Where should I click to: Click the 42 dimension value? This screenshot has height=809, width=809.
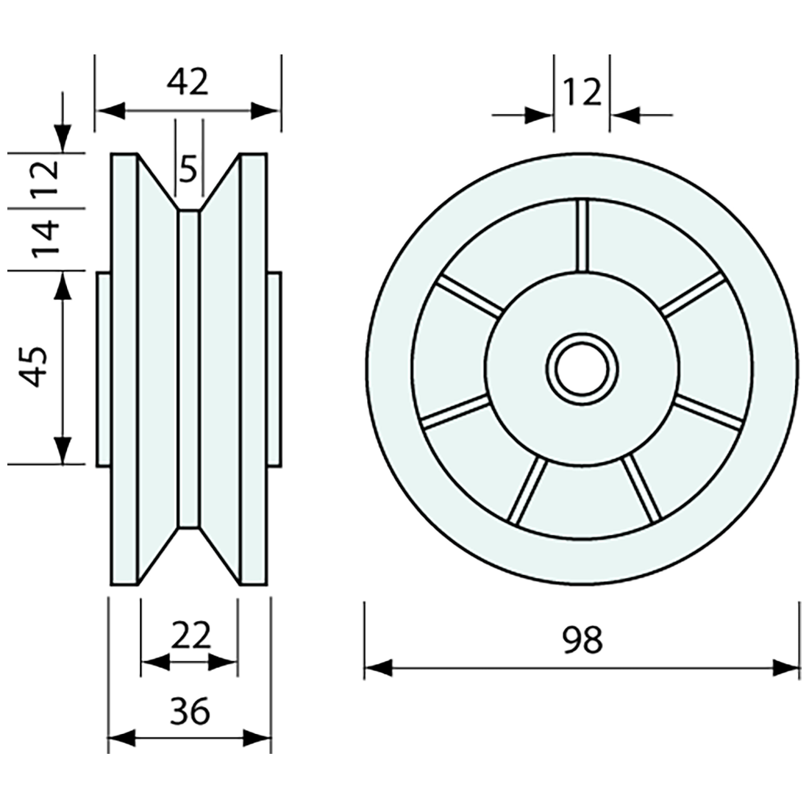pos(188,82)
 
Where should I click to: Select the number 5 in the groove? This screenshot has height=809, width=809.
pos(188,171)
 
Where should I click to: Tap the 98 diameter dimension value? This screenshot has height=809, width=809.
pos(582,640)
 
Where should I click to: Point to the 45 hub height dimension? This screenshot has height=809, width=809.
pos(35,366)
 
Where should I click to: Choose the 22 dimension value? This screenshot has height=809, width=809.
pos(190,633)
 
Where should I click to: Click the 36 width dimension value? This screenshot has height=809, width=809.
pos(190,711)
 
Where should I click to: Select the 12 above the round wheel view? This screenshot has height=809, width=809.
pos(582,93)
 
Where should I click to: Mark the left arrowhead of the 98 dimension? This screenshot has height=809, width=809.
pos(378,668)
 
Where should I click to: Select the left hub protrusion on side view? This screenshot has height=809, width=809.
pos(104,368)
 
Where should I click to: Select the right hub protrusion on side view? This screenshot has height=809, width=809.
pos(274,368)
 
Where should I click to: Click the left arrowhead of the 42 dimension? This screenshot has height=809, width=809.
pos(110,111)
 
